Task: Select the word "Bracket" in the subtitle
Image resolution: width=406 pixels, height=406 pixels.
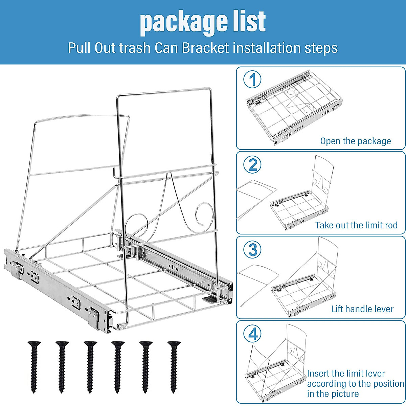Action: [x=205, y=48]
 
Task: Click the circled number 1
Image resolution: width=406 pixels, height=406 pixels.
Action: [x=252, y=80]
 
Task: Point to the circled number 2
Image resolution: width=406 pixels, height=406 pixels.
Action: [x=252, y=165]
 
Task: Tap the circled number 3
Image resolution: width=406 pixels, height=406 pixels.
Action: [x=252, y=250]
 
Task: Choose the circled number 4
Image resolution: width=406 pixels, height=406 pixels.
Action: [x=252, y=334]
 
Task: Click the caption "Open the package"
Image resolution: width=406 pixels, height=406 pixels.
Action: [x=355, y=141]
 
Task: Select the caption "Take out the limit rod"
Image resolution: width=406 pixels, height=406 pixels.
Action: [x=356, y=225]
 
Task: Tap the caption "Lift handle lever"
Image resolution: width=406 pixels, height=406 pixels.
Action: [x=362, y=309]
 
